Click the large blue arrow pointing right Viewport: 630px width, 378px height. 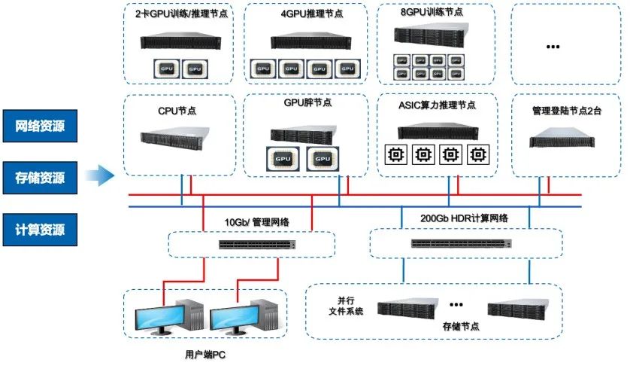coord(98,177)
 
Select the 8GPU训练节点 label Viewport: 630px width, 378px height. coord(426,13)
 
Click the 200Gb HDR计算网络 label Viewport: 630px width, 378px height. coord(465,218)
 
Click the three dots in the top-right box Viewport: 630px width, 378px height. coord(553,47)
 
